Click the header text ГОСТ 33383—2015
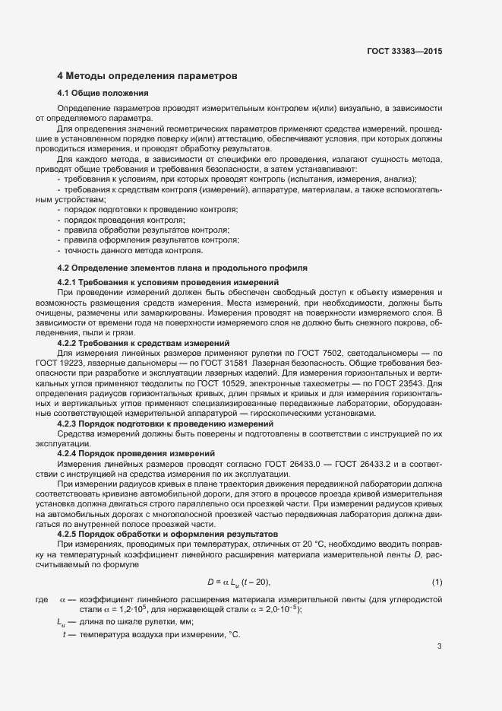coord(404,51)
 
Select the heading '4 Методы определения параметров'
coord(148,77)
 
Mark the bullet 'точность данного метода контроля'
coord(134,250)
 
